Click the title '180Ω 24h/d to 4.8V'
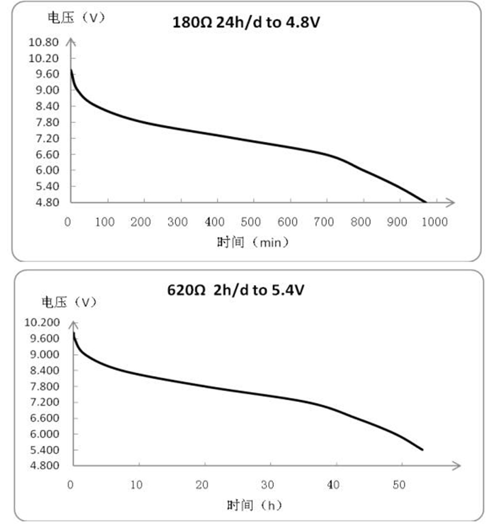pos(246,22)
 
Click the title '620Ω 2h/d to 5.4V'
pos(236,290)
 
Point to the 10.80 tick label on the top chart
pos(43,42)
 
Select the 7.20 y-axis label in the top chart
pos(48,138)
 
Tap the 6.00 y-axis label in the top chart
pos(48,170)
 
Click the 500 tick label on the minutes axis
pos(251,222)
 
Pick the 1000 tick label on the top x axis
pos(435,222)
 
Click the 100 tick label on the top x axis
pos(105,222)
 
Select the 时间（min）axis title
pos(253,242)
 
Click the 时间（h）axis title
pos(254,505)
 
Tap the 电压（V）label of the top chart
pos(76,18)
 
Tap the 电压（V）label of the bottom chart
pos(69,302)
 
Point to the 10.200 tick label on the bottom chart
pos(42,322)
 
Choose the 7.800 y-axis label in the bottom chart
pos(45,386)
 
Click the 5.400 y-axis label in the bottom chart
pos(45,449)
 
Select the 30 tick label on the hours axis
pos(267,485)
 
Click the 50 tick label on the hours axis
pos(399,485)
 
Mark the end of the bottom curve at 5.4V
pos(422,449)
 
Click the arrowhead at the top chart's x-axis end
pos(451,202)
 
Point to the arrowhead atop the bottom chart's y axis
pos(73,325)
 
